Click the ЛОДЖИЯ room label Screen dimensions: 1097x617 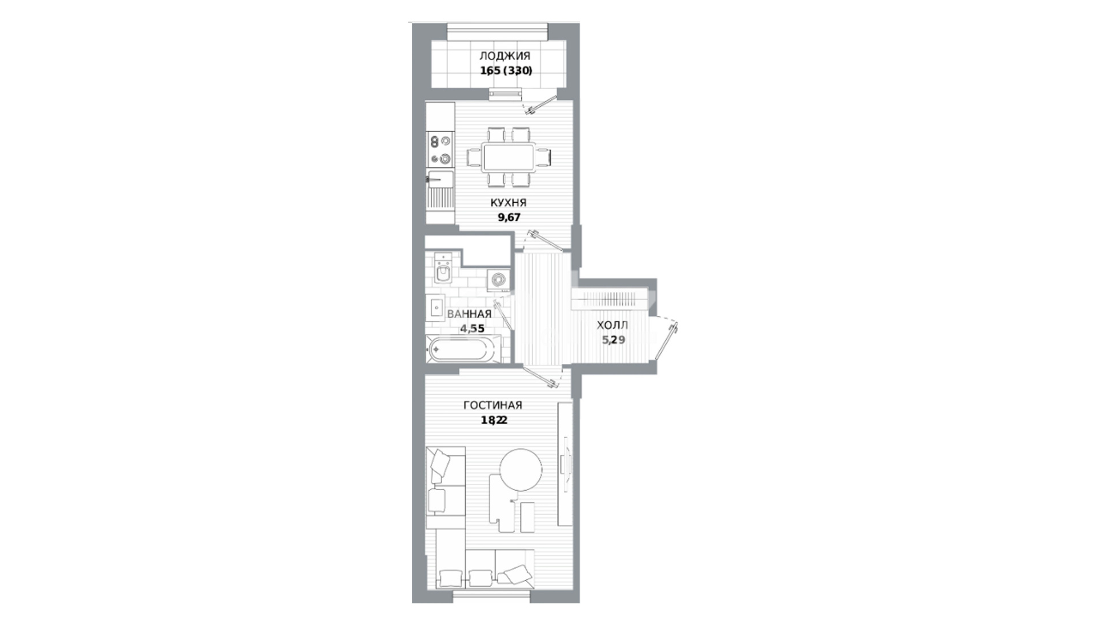(x=505, y=56)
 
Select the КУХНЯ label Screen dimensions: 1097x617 (x=508, y=203)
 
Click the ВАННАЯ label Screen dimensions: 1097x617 (x=469, y=314)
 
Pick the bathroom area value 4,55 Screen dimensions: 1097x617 (x=473, y=328)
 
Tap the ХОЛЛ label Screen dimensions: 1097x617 (x=612, y=326)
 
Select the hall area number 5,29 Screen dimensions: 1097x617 (x=613, y=340)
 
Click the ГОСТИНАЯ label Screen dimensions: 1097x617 (x=493, y=406)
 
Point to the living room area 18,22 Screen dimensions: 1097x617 (x=493, y=420)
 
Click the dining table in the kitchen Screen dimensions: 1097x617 (x=509, y=157)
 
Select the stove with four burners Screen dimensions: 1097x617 (x=441, y=150)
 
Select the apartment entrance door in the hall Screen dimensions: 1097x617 (x=665, y=338)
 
